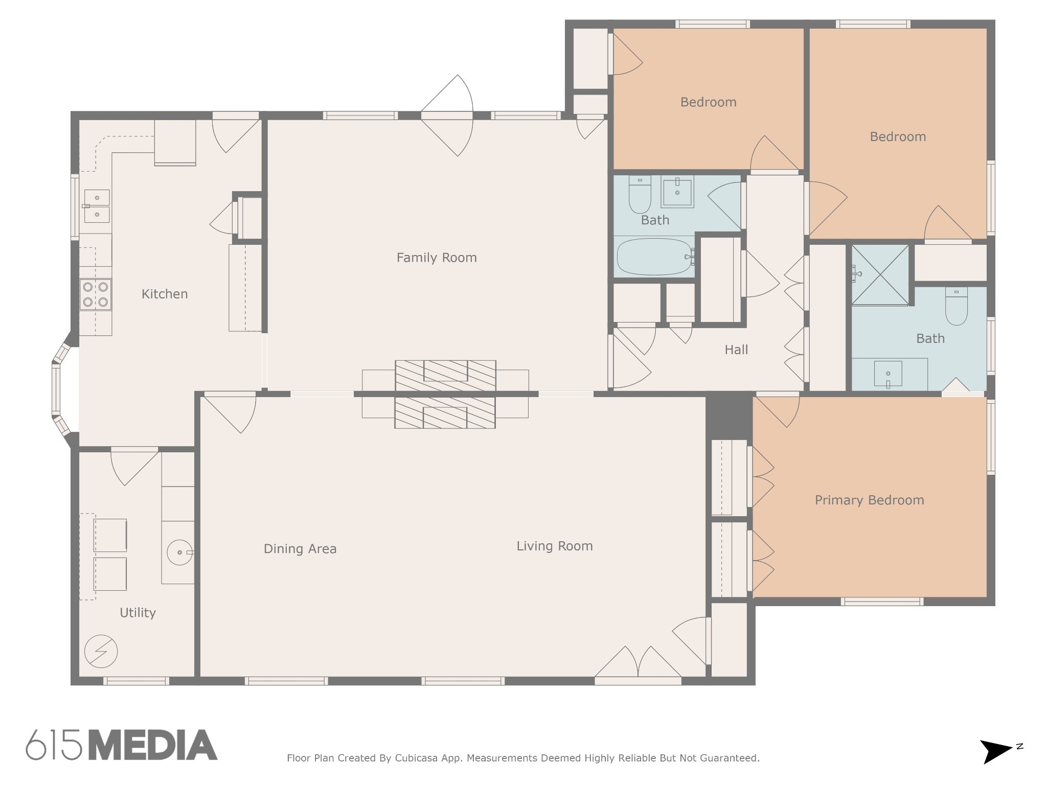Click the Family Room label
(x=437, y=258)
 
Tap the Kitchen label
(x=165, y=294)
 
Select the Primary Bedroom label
(x=869, y=500)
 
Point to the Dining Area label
(x=300, y=549)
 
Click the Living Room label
(x=555, y=546)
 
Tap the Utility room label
(x=138, y=613)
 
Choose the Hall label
(x=736, y=350)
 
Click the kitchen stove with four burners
(x=96, y=294)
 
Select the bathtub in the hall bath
(x=655, y=257)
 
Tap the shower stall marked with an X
(x=880, y=275)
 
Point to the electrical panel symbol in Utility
(x=101, y=651)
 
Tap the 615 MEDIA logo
(x=122, y=745)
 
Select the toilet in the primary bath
(x=957, y=306)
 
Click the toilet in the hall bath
(x=640, y=194)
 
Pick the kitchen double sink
(x=97, y=206)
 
